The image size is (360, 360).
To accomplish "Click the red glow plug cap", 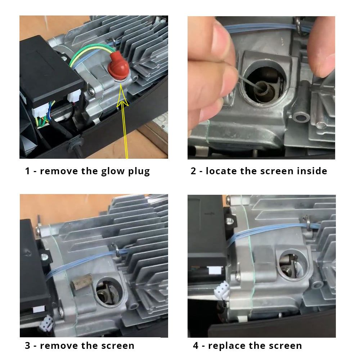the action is [118, 65].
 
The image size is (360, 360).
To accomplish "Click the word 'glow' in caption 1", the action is [113, 171].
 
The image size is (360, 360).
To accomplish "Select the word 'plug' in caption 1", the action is [139, 171].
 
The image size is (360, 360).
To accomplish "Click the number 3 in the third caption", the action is [28, 346].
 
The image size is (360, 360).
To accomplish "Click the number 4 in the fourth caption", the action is [195, 346].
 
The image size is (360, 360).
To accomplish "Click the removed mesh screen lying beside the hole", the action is [81, 282].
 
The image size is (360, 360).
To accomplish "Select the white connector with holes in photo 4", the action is [222, 289].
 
